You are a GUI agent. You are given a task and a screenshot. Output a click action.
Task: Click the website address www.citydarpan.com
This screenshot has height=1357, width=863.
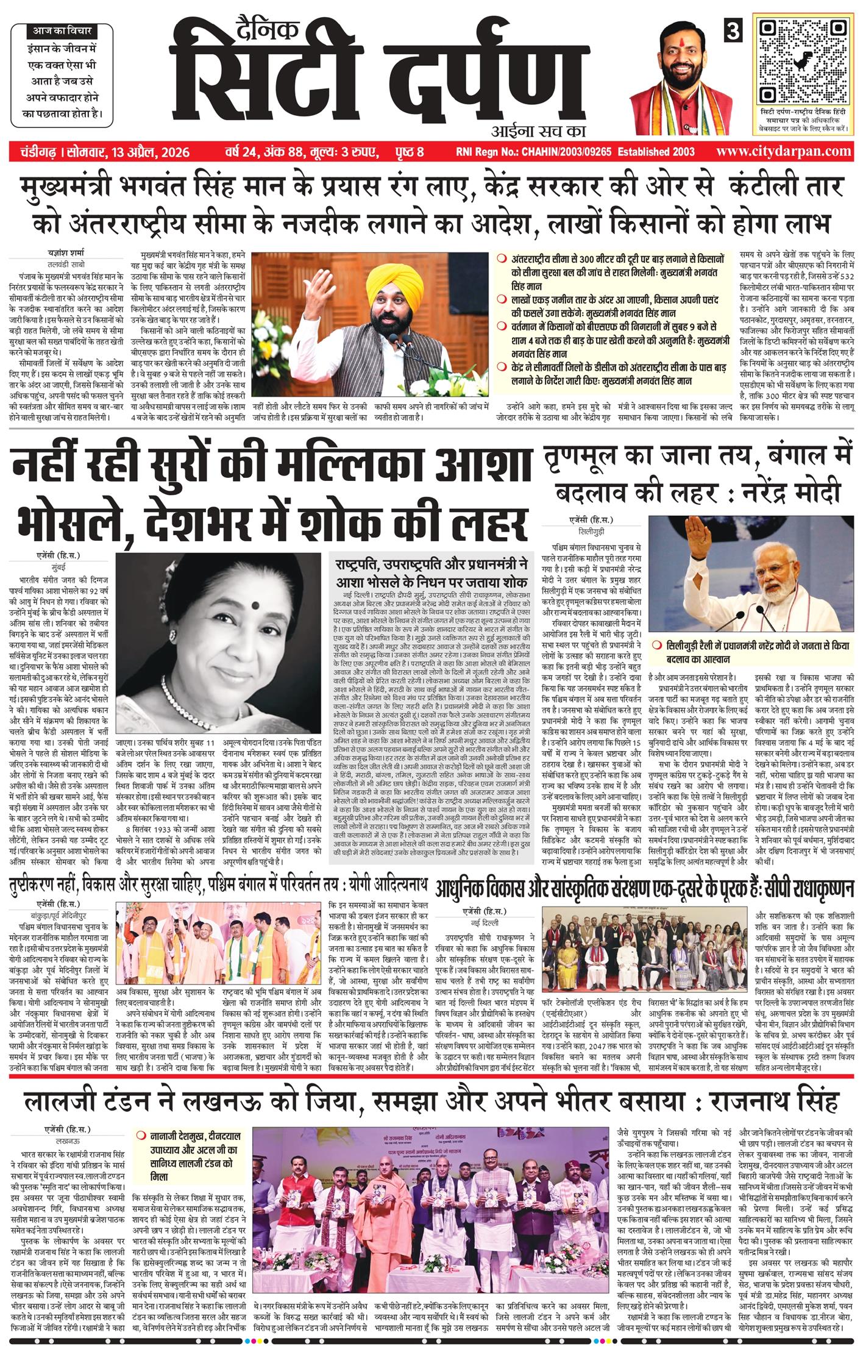[784, 151]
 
